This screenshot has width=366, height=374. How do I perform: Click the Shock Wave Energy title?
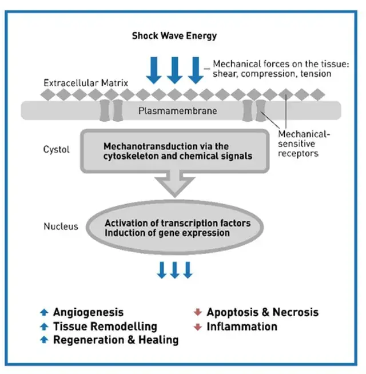(x=174, y=35)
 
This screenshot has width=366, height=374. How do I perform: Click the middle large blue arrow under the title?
(x=175, y=69)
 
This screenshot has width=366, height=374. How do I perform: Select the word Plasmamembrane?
(x=178, y=110)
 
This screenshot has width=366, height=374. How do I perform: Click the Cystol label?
(x=57, y=150)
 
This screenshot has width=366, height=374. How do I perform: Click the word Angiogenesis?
(x=88, y=312)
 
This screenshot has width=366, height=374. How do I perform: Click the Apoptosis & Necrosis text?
(x=262, y=312)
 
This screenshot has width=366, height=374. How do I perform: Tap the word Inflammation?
(x=242, y=327)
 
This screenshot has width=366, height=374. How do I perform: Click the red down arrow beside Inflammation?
(x=197, y=327)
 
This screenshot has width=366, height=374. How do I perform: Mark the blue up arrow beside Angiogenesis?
(x=43, y=312)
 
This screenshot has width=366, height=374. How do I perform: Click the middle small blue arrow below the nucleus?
(x=175, y=269)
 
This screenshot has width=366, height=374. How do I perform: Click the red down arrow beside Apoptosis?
(x=197, y=312)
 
